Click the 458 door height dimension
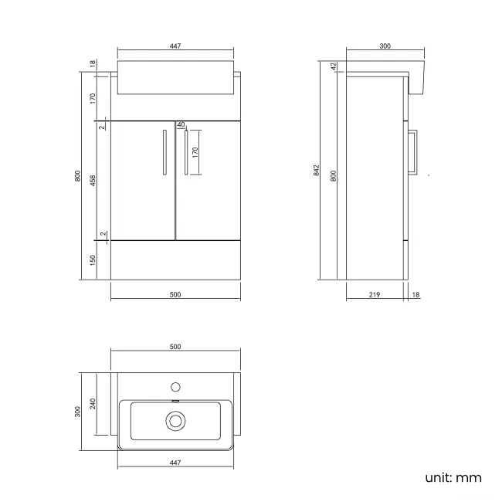point(93,181)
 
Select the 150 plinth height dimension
point(93,260)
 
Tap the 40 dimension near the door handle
point(181,124)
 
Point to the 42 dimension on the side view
point(334,67)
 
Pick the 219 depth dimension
point(375,294)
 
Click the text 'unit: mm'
point(453,477)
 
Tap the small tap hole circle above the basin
point(175,385)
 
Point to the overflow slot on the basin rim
point(175,401)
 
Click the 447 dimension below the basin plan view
point(175,463)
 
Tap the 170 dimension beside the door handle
point(196,151)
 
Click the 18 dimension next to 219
point(416,294)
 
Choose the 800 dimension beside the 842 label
point(334,175)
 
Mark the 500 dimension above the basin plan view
point(175,347)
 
